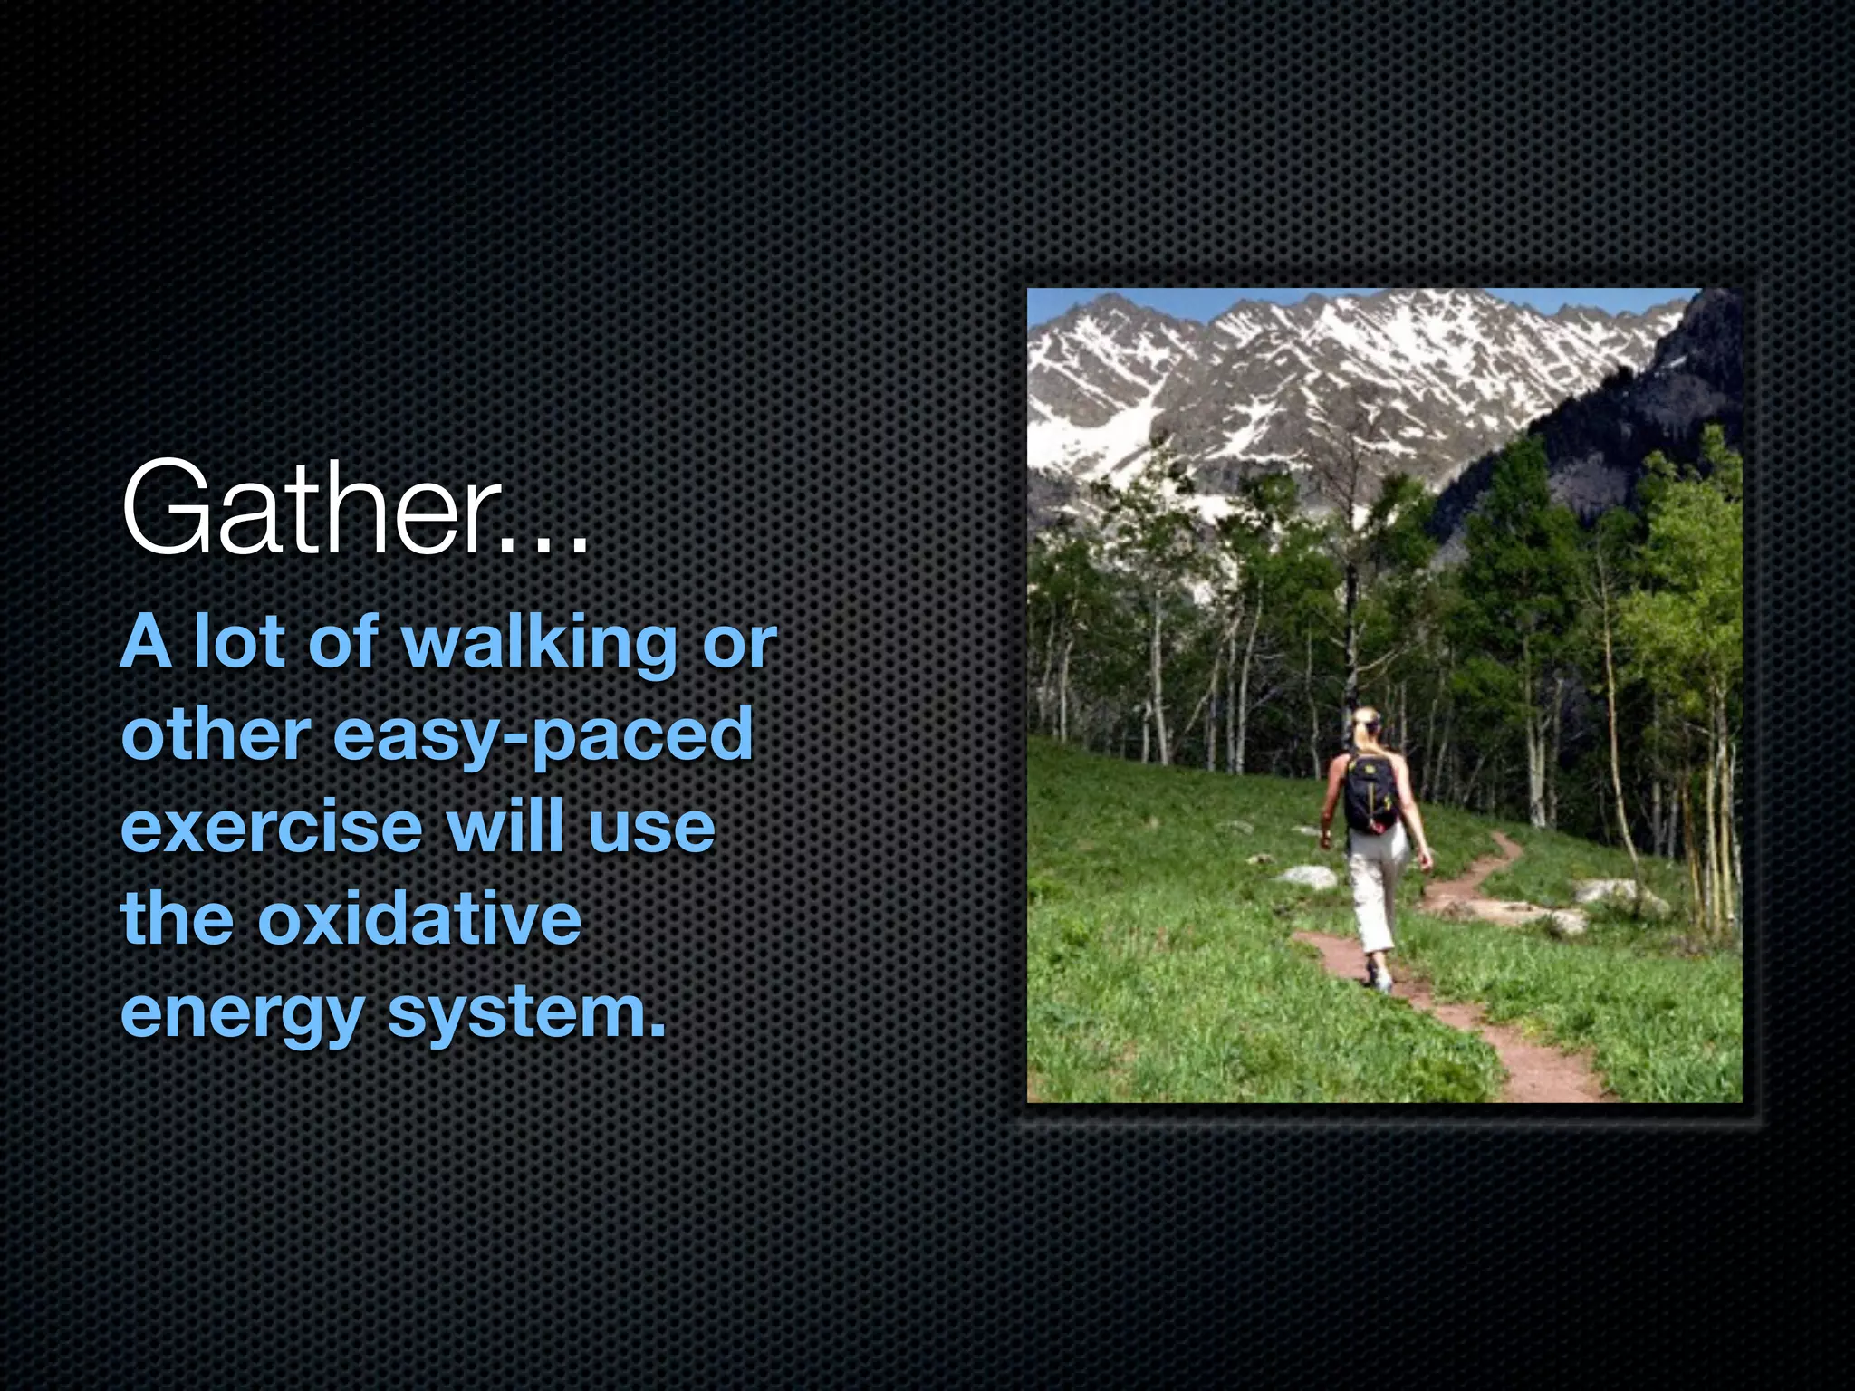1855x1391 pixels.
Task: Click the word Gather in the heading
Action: click(303, 509)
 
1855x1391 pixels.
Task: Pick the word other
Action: click(216, 734)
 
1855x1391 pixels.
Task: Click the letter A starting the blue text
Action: click(146, 641)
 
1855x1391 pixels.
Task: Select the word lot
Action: click(238, 641)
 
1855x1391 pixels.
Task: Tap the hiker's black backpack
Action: click(1370, 794)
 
